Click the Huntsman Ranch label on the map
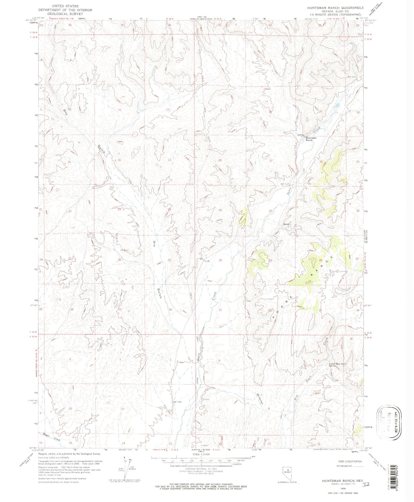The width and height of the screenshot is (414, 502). (309, 139)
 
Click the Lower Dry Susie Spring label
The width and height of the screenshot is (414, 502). (337, 365)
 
